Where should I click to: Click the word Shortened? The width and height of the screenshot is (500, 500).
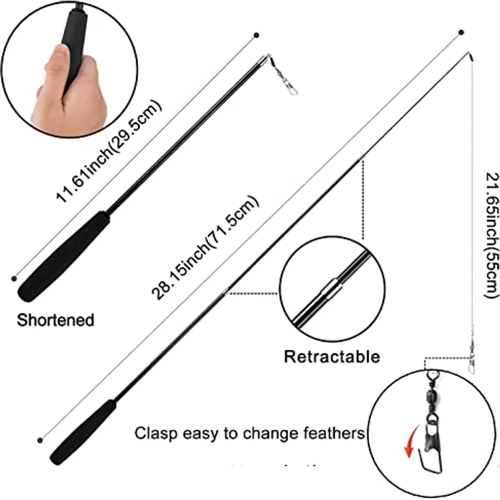56,320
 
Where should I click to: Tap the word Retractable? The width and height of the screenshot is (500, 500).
332,356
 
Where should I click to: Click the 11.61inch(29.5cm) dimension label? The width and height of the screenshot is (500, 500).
109,151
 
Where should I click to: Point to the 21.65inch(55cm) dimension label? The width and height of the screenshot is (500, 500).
491,235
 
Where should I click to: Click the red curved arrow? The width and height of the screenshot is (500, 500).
411,442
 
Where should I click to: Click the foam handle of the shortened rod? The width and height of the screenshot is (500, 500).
64,256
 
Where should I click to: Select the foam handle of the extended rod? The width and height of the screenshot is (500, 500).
83,432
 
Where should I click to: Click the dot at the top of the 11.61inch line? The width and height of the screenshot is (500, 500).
256,35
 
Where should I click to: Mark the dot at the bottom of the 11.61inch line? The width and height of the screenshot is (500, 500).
14,279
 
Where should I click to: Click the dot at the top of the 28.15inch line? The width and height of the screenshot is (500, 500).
461,33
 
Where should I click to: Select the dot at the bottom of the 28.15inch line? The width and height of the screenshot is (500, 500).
40,440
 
